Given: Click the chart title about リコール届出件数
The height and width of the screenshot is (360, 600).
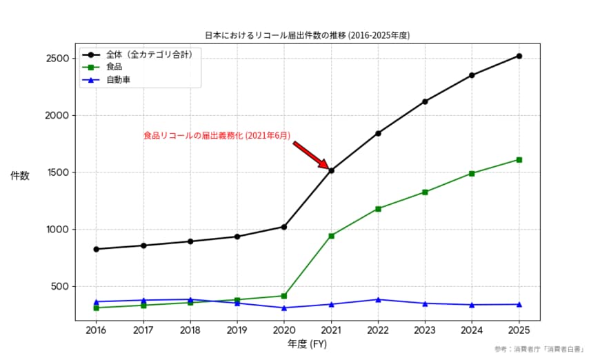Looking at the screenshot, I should click(x=312, y=34).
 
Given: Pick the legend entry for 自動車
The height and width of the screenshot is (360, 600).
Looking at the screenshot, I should click(x=119, y=80).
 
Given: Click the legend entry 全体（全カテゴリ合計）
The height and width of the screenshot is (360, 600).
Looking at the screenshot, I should click(x=149, y=54).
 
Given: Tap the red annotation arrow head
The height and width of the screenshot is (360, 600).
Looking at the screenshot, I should click(x=326, y=166).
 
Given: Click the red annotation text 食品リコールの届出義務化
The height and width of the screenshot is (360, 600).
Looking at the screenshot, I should click(x=217, y=136).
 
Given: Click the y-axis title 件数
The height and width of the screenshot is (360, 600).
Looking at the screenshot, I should click(x=20, y=176).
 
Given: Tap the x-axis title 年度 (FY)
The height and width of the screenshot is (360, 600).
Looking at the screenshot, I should click(x=307, y=343).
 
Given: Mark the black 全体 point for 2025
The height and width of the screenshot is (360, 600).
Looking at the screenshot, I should click(x=519, y=56).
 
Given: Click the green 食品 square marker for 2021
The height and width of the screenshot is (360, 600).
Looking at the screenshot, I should click(x=332, y=236).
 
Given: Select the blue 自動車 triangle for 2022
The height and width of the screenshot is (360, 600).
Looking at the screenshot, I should click(x=378, y=299).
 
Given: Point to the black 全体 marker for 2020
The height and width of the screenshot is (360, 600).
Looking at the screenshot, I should click(x=284, y=227).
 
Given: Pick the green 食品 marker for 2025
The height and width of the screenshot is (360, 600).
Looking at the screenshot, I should click(x=519, y=160).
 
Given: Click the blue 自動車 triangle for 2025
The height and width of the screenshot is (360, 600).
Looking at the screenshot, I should click(x=519, y=304).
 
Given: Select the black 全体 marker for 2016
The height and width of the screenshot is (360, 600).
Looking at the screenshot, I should click(x=96, y=249).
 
